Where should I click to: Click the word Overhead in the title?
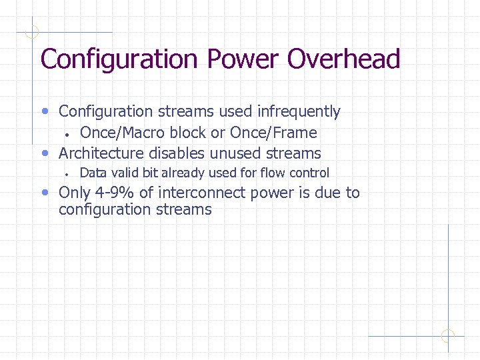tap(343, 59)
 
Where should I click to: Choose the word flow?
tap(273, 173)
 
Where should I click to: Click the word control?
tap(309, 173)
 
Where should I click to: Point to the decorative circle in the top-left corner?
tap(32, 31)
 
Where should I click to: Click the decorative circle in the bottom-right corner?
tap(448, 335)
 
